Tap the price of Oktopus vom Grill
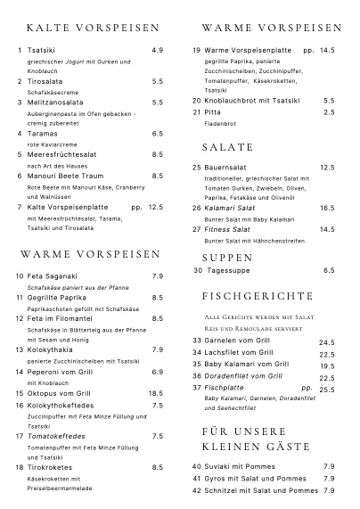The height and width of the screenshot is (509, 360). coord(156,393)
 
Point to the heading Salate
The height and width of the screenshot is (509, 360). coord(228,146)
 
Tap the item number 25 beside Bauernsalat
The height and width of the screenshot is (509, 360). coord(197,167)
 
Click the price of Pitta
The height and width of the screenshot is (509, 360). coord(329,112)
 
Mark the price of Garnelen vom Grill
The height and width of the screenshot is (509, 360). coord(327,341)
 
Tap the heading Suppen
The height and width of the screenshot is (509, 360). coord(229,257)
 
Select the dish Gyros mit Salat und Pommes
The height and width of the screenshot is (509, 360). coord(255,479)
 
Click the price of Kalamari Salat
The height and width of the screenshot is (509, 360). coord(327,208)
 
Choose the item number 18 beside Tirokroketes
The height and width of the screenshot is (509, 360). coord(19,467)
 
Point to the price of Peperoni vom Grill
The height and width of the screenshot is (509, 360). coord(158,372)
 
